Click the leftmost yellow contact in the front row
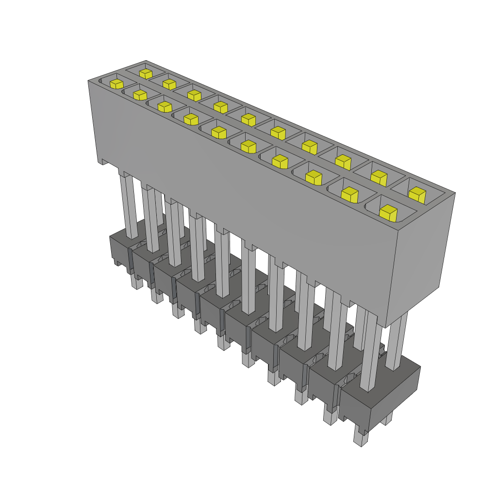(x=116, y=83)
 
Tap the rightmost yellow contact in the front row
(x=388, y=213)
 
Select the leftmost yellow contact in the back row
(x=145, y=73)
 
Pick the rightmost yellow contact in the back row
(x=416, y=195)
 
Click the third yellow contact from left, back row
(x=194, y=95)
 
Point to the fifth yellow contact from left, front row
(x=219, y=132)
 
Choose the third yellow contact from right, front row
(x=314, y=177)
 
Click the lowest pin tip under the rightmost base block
(x=359, y=439)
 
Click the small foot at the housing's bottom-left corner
(x=103, y=161)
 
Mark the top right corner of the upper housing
(x=455, y=193)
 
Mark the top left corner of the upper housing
(x=88, y=81)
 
